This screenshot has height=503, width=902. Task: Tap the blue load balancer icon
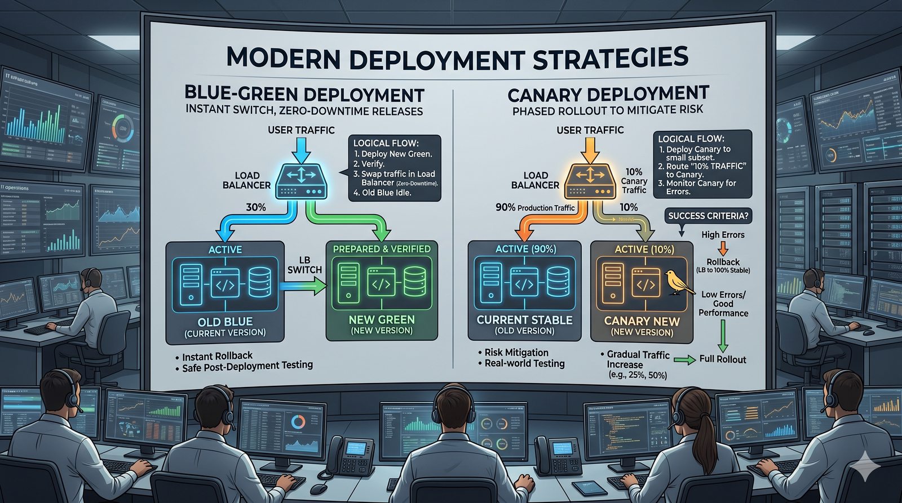[300, 180]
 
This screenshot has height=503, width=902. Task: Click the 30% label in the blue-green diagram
[255, 207]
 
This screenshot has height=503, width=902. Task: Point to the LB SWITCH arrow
[302, 287]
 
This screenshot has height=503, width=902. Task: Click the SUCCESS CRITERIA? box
[709, 216]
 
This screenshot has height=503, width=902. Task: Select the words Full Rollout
[722, 359]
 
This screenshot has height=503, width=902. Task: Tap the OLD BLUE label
[225, 322]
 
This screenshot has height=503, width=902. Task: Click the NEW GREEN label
[382, 319]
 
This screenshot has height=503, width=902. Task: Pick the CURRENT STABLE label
[524, 319]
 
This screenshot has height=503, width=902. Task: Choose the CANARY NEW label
[642, 321]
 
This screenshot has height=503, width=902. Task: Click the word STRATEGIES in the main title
[611, 58]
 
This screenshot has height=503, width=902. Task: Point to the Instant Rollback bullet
[218, 356]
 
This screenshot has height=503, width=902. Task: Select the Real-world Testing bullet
[524, 364]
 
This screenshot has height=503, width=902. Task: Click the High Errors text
[723, 235]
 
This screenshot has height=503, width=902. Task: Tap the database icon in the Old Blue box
[259, 283]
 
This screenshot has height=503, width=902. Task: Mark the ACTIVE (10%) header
[644, 250]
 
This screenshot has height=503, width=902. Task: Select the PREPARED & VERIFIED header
[382, 249]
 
